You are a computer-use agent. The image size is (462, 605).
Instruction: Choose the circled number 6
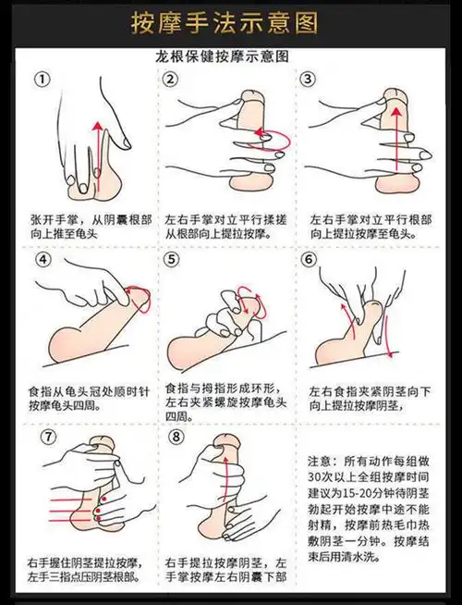tap(309, 260)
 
